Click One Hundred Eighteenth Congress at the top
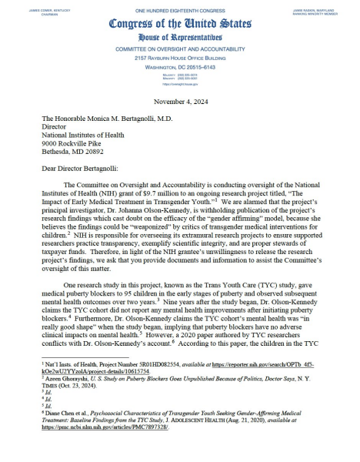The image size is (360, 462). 179,8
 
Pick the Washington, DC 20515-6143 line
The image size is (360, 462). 179,68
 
